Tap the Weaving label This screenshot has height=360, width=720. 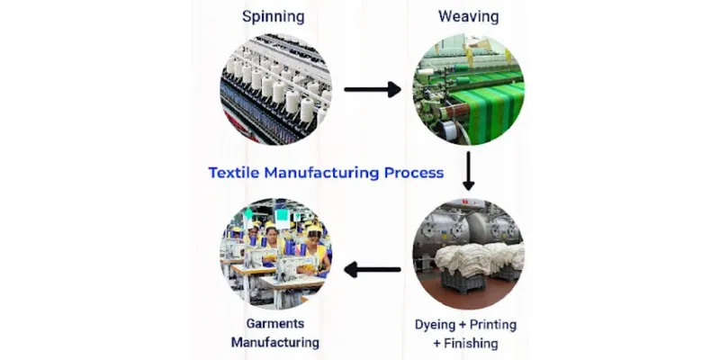[x=468, y=17]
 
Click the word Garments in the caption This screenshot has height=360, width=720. [x=275, y=323]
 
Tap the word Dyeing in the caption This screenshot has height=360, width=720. [x=436, y=324]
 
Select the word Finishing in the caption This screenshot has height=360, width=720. [x=472, y=343]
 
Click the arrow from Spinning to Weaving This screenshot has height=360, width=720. [x=372, y=89]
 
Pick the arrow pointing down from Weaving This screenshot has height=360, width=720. [x=468, y=171]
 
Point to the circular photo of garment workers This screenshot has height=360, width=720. [x=275, y=256]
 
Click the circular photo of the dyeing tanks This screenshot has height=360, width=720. [x=468, y=256]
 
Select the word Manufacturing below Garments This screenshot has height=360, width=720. [x=275, y=343]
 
